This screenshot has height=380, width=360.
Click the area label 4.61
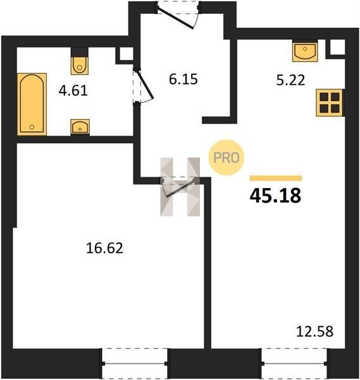tap(73, 91)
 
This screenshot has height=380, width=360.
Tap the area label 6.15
tap(183, 79)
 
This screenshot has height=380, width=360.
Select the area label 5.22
tap(290, 80)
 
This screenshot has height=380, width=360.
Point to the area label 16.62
tap(104, 248)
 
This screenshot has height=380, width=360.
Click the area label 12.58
tap(314, 331)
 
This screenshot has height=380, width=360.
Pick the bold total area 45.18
tap(275, 196)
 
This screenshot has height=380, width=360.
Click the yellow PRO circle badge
tap(227, 158)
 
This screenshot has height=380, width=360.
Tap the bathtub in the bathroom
tap(32, 104)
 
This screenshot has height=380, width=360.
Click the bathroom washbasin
tap(80, 127)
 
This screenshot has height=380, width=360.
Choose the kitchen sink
tap(305, 52)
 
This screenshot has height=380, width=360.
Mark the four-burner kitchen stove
tap(330, 103)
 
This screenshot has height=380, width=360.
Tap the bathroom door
tap(143, 87)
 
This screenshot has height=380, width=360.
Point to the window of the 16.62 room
tap(135, 364)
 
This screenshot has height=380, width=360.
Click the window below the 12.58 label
tap(294, 364)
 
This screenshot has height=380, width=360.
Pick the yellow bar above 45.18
tap(276, 178)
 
